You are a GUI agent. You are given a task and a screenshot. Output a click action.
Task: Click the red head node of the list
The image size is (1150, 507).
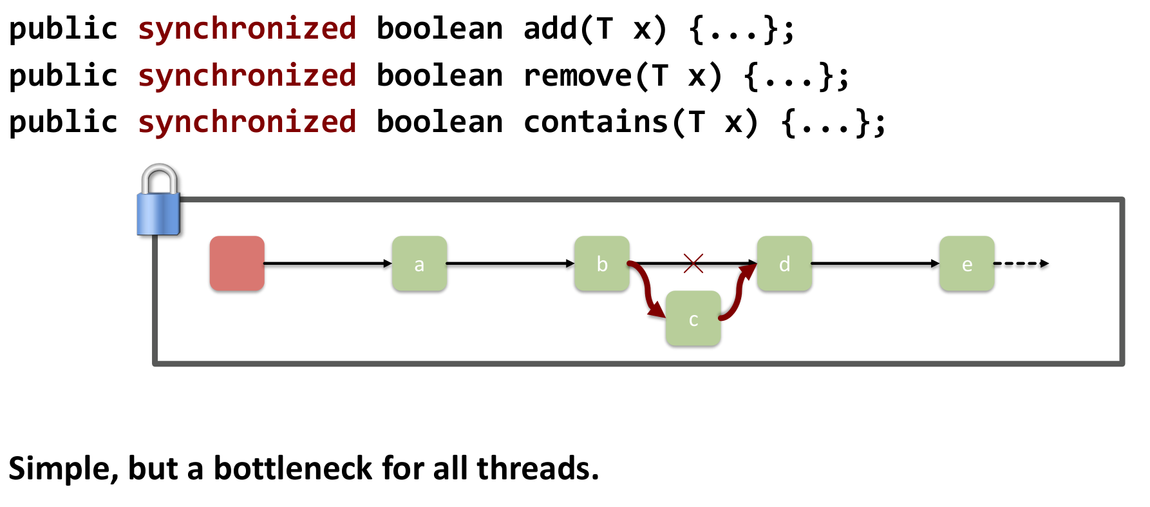tap(237, 263)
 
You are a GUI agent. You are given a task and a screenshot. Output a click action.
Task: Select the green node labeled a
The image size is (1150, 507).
tap(419, 263)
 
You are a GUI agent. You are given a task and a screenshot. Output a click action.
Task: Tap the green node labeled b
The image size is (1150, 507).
tap(602, 263)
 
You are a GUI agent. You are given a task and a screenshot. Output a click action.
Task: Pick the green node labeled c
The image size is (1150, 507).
tap(693, 319)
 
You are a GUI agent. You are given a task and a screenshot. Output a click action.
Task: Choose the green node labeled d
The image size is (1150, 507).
tap(784, 263)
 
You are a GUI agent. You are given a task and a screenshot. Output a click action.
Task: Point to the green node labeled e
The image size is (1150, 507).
tap(966, 263)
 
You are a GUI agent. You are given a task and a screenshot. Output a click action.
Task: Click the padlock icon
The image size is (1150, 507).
tap(158, 201)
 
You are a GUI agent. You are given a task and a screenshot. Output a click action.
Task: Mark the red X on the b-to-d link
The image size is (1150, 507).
tap(693, 263)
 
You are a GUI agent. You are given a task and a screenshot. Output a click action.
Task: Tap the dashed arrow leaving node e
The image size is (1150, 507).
tap(1021, 263)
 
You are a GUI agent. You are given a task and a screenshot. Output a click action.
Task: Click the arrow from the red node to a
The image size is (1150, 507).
tap(328, 263)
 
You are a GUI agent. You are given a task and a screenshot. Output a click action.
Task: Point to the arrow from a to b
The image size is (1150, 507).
tap(510, 263)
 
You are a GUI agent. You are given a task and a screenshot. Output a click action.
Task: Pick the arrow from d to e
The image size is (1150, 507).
tap(875, 263)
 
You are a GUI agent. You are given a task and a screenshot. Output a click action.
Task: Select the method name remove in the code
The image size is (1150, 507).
tap(578, 76)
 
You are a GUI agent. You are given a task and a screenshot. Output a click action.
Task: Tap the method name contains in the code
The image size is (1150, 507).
tap(596, 122)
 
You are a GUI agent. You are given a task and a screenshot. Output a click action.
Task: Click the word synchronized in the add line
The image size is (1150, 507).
tap(247, 29)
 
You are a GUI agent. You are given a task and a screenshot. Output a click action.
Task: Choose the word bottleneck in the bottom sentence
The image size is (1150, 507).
tap(293, 468)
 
